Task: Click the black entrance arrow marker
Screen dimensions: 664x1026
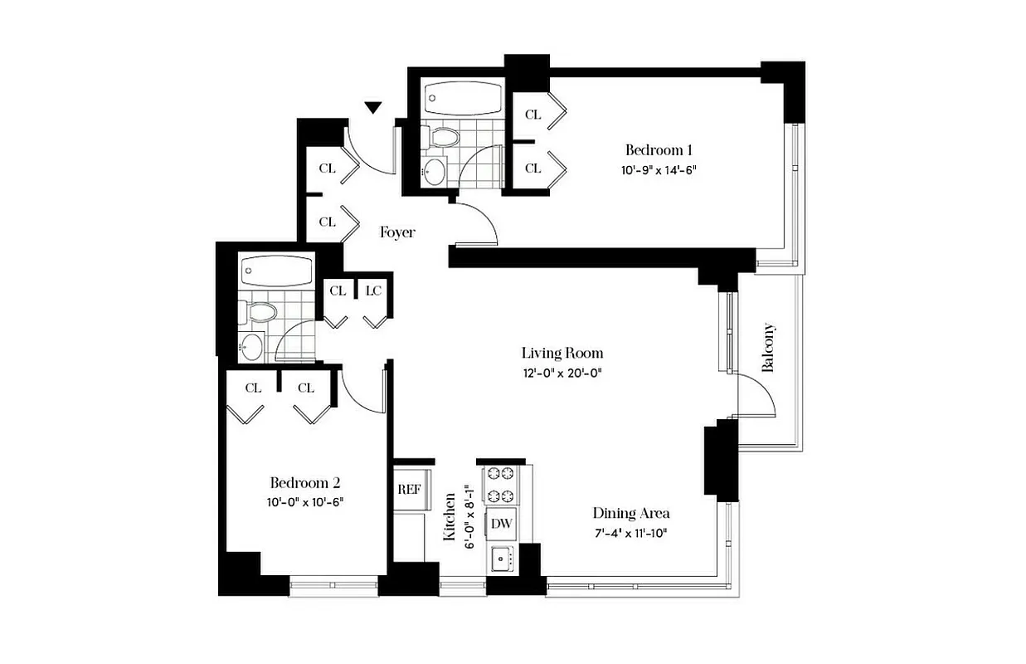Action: coord(374,107)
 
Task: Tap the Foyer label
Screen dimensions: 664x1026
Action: coord(397,232)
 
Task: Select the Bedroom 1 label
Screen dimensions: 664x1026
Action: coord(659,150)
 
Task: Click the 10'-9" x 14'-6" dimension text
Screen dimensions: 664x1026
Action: coord(659,170)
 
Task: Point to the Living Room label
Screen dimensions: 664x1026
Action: coord(562,354)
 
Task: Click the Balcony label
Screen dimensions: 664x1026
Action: coord(768,347)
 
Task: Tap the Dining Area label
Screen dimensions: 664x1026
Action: coord(630,513)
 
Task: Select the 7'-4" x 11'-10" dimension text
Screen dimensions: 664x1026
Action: coord(630,532)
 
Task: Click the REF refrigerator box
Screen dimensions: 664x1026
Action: coord(409,489)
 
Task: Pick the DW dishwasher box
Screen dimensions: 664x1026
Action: coord(501,524)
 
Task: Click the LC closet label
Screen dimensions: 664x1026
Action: coord(373,290)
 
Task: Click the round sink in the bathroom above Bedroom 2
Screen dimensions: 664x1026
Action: coord(251,347)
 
